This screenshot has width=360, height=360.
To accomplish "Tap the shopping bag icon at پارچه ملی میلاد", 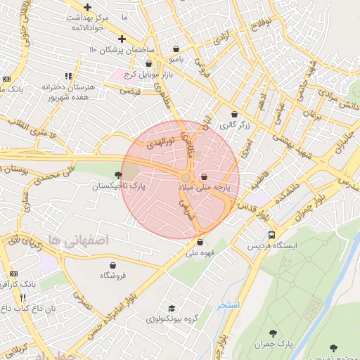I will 204,176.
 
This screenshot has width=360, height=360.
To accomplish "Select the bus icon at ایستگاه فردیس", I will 271,236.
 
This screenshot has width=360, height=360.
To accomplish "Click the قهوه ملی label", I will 200,253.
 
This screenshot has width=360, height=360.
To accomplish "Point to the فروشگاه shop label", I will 112,276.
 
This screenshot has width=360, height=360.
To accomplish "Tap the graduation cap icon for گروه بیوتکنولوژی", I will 172,308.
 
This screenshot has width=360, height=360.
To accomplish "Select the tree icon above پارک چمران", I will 273,333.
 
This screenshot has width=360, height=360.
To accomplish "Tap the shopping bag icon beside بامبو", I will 175,49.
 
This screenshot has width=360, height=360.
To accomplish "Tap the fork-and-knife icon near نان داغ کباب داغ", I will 23,297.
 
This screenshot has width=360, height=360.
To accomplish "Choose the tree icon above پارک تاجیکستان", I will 117,175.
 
